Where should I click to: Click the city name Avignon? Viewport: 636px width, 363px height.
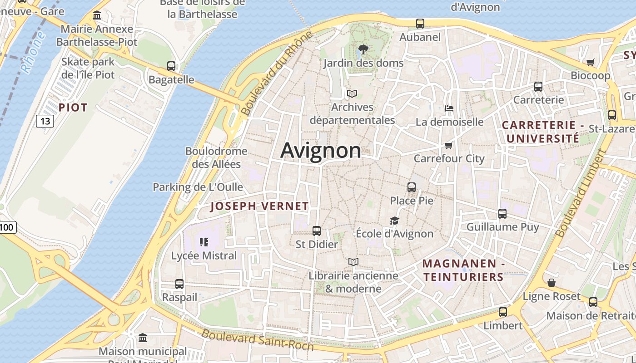coord(321,150)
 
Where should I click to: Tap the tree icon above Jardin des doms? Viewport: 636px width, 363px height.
coord(363,49)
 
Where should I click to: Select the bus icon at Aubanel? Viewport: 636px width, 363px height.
coord(420,24)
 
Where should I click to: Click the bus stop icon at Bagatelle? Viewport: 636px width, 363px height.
coord(171,66)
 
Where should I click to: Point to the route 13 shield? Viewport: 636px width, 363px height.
coord(45,121)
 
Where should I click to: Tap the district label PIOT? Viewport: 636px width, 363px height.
coord(73,108)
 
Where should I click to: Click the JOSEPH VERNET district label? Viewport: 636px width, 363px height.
coord(259,206)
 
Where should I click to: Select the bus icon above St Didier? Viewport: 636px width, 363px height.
coord(317,231)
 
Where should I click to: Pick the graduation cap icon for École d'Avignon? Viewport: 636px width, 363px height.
coord(394,221)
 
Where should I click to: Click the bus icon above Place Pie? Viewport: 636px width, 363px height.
coord(412,187)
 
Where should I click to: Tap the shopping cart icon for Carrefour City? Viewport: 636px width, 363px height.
coord(449,145)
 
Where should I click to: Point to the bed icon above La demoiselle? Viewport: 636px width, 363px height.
coord(449,108)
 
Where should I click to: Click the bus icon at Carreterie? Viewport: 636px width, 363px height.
coord(538,87)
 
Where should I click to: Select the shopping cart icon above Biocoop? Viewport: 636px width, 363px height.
coord(590,62)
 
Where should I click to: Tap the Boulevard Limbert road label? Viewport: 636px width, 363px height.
coord(581,194)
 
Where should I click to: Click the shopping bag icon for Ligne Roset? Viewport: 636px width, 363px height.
coord(552,283)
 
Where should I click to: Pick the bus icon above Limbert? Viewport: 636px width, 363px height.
coord(502,312)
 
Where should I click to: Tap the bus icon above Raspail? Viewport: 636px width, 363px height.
coord(179,284)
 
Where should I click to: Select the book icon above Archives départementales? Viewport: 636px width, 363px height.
coord(352,94)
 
